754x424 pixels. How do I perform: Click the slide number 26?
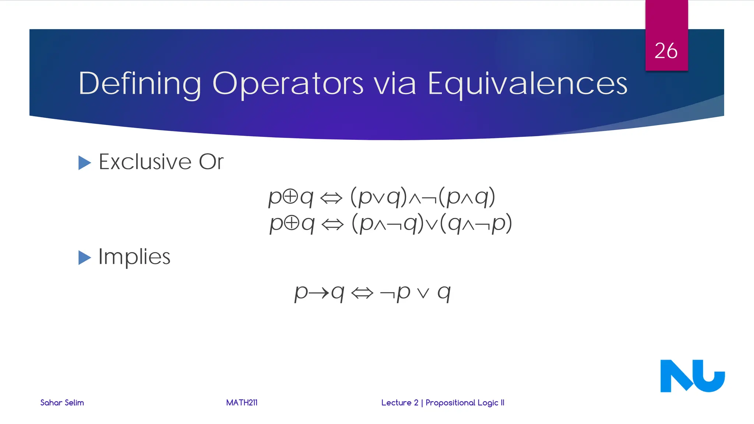click(x=666, y=51)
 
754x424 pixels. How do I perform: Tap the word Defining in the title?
click(x=140, y=84)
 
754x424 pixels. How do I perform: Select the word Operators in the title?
click(x=288, y=84)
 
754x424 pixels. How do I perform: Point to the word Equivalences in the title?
click(x=527, y=84)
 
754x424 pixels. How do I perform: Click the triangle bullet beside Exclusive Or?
click(x=84, y=163)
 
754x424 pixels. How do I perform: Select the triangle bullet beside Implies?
click(x=84, y=258)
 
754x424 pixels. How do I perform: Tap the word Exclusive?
click(x=145, y=162)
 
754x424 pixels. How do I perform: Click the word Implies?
click(x=134, y=257)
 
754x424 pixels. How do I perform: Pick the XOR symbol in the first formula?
click(x=290, y=197)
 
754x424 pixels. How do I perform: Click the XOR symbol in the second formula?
click(x=292, y=223)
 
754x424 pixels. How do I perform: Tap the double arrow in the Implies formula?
click(x=362, y=293)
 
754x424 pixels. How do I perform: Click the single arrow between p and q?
click(x=319, y=293)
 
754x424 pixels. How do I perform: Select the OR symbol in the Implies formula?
click(x=423, y=293)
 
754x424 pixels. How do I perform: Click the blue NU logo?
click(x=692, y=376)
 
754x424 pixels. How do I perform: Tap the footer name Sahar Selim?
click(x=62, y=403)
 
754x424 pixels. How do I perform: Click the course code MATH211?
click(x=242, y=403)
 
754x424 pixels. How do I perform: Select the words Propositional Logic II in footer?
click(x=465, y=403)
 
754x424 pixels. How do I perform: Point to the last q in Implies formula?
click(x=444, y=293)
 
